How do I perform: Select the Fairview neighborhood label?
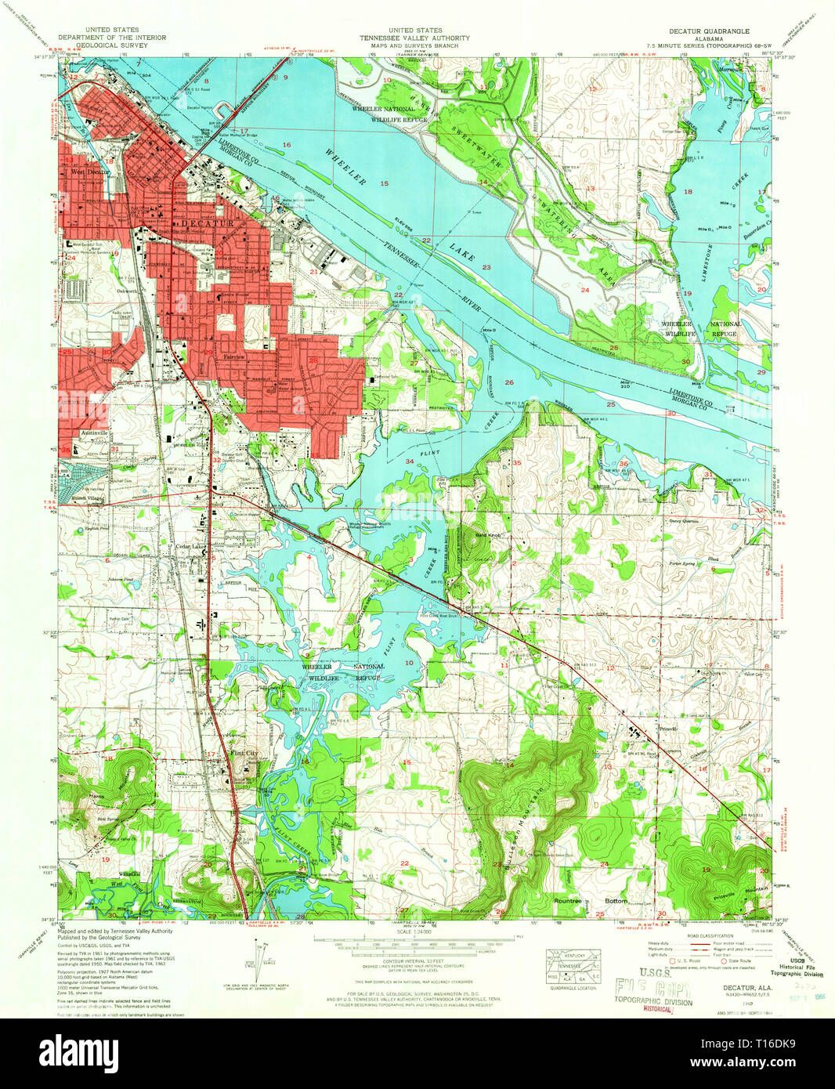[x=235, y=356]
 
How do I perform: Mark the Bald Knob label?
[x=488, y=536]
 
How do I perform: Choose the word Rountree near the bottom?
[x=567, y=901]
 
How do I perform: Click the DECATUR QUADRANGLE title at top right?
[x=708, y=31]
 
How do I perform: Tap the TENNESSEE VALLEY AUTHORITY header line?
[x=414, y=38]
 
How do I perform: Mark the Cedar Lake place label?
[x=189, y=546]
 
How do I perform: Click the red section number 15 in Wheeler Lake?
[x=384, y=183]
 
